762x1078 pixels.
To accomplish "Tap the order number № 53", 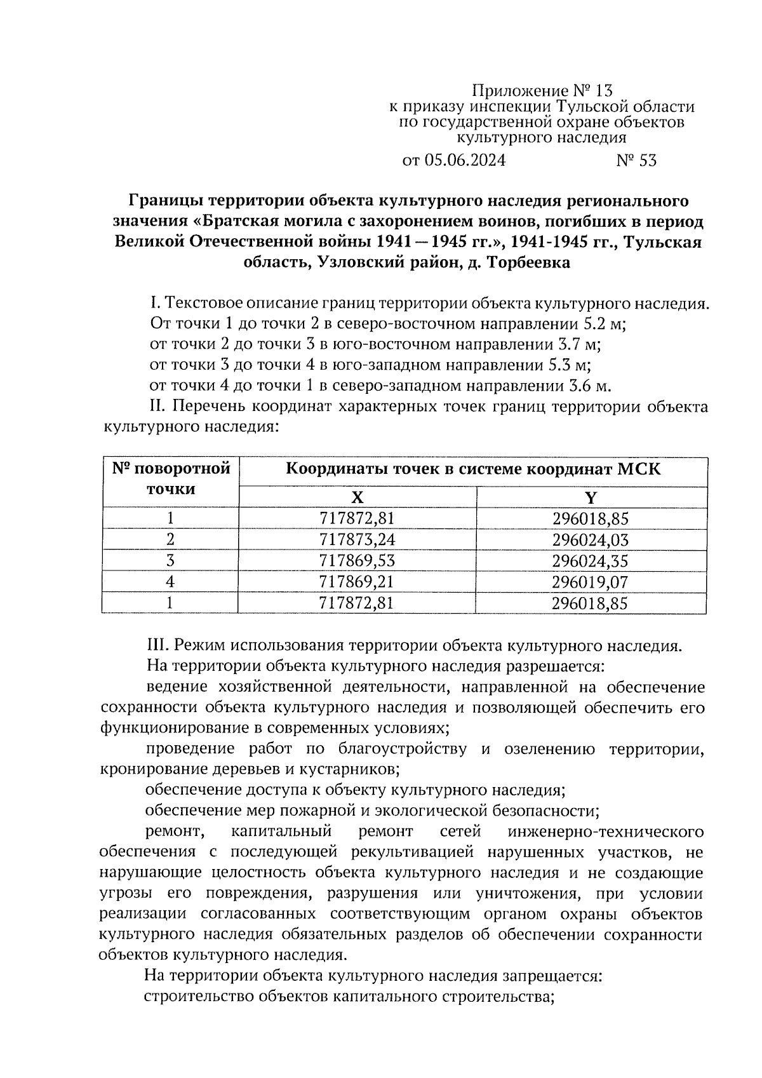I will click(x=636, y=161).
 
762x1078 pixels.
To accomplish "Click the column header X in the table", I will click(x=358, y=497).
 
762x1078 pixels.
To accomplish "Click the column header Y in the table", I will click(x=591, y=497).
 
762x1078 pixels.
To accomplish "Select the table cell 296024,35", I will click(x=590, y=561).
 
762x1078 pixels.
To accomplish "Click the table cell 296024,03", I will click(x=590, y=540).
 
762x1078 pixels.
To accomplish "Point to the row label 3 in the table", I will click(x=170, y=561).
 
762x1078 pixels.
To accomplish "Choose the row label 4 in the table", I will click(x=170, y=582).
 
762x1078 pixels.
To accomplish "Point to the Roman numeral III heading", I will click(x=158, y=646).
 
